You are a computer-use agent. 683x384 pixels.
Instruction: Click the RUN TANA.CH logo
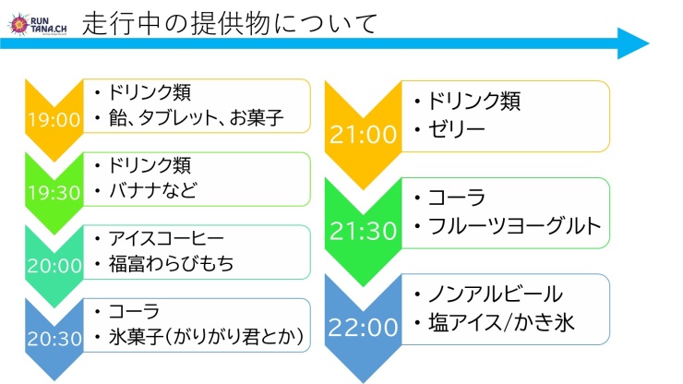pyautogui.click(x=38, y=24)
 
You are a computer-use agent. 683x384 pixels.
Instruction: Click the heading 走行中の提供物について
pyautogui.click(x=230, y=24)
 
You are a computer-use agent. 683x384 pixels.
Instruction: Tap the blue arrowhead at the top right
pyautogui.click(x=633, y=43)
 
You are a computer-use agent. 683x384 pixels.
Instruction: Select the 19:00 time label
pyautogui.click(x=54, y=120)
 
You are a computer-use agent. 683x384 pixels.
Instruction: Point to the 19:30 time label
pyautogui.click(x=54, y=193)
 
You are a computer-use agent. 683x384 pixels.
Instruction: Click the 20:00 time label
pyautogui.click(x=54, y=266)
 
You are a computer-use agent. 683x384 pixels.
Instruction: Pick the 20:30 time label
pyautogui.click(x=54, y=339)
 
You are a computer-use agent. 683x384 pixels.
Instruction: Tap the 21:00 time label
pyautogui.click(x=364, y=134)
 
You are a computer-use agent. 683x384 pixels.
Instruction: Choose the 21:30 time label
pyautogui.click(x=364, y=231)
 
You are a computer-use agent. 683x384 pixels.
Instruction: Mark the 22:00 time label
pyautogui.click(x=364, y=327)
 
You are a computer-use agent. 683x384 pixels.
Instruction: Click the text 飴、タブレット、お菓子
pyautogui.click(x=196, y=118)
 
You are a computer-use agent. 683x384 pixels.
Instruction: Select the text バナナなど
pyautogui.click(x=153, y=191)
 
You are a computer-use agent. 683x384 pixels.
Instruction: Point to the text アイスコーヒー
pyautogui.click(x=166, y=238)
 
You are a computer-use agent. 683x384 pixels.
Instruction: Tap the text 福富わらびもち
pyautogui.click(x=171, y=264)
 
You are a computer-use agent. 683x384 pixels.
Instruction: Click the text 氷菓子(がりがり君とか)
pyautogui.click(x=206, y=337)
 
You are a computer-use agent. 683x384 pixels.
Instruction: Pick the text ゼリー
pyautogui.click(x=456, y=129)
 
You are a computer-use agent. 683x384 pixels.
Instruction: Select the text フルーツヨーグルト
pyautogui.click(x=514, y=226)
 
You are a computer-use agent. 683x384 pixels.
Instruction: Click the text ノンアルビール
pyautogui.click(x=496, y=294)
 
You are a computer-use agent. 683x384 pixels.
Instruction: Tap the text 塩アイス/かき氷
pyautogui.click(x=501, y=323)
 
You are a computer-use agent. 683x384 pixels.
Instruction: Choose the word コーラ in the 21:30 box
pyautogui.click(x=456, y=198)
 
